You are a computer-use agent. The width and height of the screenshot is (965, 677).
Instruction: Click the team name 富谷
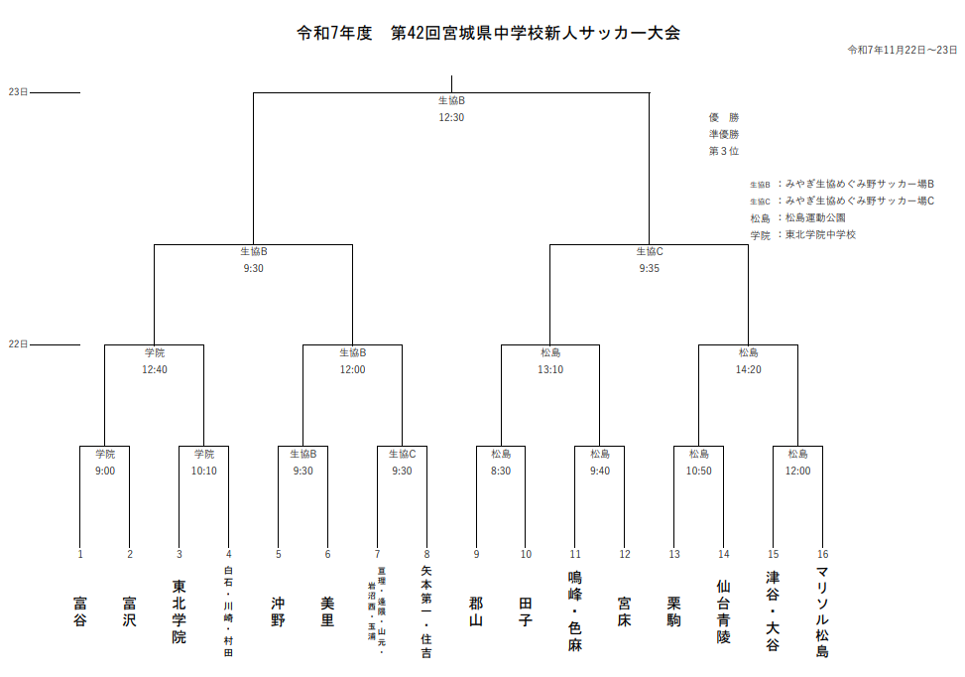[80, 610]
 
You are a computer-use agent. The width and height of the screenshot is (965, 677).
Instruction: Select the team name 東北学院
[180, 611]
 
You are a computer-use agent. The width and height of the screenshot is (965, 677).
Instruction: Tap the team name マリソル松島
[822, 611]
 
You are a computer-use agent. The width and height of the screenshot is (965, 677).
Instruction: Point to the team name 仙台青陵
[724, 611]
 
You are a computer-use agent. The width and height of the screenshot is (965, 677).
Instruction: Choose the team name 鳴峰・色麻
[575, 611]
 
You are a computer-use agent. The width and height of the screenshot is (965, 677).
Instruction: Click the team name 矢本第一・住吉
[426, 611]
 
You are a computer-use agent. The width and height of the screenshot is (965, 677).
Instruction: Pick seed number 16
[822, 554]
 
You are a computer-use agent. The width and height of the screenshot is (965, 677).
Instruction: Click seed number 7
[377, 554]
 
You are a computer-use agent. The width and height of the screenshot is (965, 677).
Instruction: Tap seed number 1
[80, 554]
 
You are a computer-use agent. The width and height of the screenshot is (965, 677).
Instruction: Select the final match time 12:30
[451, 117]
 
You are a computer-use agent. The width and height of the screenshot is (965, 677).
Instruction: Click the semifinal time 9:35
[650, 268]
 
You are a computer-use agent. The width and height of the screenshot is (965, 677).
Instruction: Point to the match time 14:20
[749, 369]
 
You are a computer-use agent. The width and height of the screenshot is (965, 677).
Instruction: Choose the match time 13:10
[550, 369]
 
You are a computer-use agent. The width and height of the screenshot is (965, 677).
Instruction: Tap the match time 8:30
[501, 471]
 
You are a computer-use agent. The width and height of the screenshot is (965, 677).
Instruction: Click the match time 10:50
[699, 471]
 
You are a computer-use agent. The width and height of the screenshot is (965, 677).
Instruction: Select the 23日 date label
[18, 92]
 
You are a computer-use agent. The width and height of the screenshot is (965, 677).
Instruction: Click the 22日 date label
[18, 344]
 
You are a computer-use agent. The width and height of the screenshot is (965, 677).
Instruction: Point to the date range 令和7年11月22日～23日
[903, 50]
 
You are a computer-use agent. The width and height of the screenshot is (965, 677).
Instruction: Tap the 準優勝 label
[724, 134]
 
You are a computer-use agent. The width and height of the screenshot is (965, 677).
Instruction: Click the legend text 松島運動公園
[815, 217]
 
